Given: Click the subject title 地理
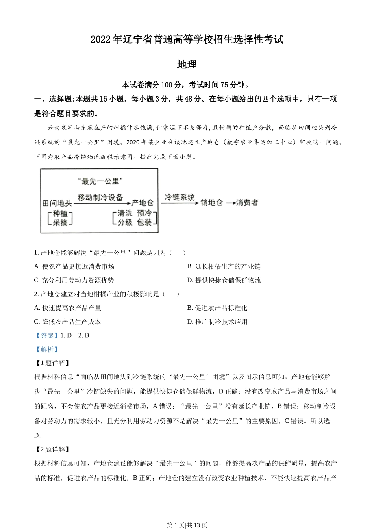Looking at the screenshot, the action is coord(187,65).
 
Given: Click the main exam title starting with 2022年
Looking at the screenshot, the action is coord(187,40).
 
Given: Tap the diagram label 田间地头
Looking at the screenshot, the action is coord(57,203).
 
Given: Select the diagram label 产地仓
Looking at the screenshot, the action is coord(143,203).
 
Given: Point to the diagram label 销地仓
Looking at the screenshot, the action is coord(211,203).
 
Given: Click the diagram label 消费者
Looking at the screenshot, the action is coord(247,203).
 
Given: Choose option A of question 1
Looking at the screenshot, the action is coord(74,266).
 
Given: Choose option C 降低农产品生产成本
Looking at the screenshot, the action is coord(68,322).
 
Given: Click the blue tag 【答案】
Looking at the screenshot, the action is coord(47,335).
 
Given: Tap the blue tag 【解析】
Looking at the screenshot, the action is coord(47,349).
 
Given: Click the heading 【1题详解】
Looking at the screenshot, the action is coord(52,363).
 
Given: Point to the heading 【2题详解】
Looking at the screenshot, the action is coord(52,449).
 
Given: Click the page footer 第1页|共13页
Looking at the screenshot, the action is coord(187,525).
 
